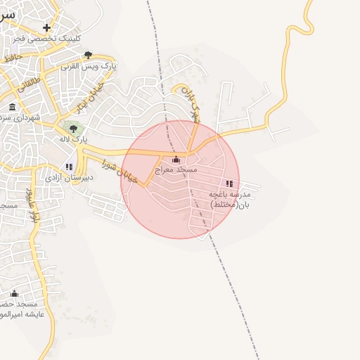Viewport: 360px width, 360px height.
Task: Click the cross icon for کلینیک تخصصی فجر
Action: click(x=46, y=28)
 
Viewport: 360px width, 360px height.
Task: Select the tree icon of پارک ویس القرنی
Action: click(x=88, y=55)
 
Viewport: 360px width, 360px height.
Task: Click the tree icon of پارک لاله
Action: click(x=73, y=128)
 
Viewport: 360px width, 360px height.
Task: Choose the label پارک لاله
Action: click(x=75, y=139)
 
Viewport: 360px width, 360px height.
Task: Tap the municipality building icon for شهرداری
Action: click(x=13, y=107)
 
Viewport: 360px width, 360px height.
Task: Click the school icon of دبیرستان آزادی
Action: click(x=68, y=167)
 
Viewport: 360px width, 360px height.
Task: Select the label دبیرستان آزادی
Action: click(x=65, y=178)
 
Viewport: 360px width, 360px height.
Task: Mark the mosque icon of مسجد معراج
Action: click(x=176, y=160)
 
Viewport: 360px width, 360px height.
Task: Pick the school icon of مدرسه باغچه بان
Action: click(x=229, y=184)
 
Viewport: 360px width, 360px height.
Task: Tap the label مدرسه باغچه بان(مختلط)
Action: click(x=230, y=199)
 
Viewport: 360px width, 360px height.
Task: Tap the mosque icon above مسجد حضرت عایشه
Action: click(x=13, y=294)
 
